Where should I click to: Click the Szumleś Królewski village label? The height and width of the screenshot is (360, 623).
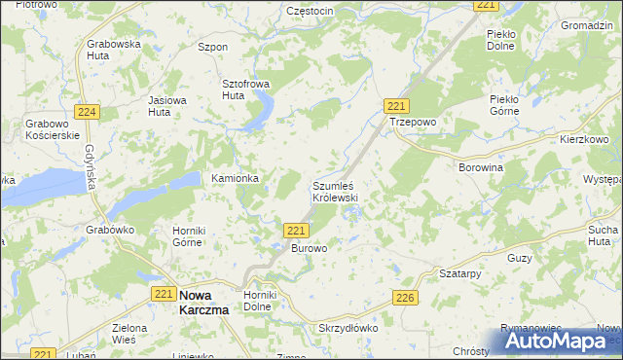(x=336, y=191)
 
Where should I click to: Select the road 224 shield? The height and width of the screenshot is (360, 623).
(x=87, y=113)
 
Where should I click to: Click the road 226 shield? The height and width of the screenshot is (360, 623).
(x=406, y=300)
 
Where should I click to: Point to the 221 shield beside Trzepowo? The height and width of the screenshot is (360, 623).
(x=395, y=106)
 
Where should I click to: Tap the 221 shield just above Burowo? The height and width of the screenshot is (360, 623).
(x=298, y=230)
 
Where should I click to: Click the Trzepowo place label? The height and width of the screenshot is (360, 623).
(x=414, y=124)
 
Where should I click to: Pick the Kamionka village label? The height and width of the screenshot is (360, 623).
(x=235, y=179)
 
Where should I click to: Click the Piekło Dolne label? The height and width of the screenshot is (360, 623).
(x=504, y=40)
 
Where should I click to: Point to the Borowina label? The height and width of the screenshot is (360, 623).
(x=481, y=167)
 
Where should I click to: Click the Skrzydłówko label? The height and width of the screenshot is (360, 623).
(x=348, y=329)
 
